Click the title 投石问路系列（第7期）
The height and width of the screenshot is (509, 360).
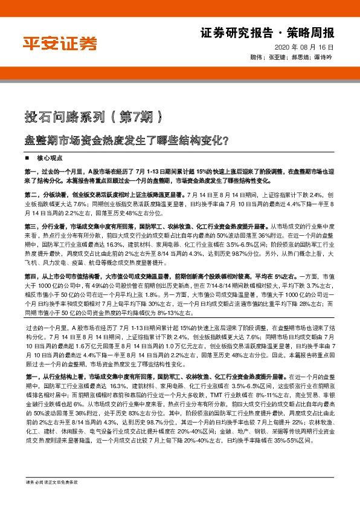[92, 115]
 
